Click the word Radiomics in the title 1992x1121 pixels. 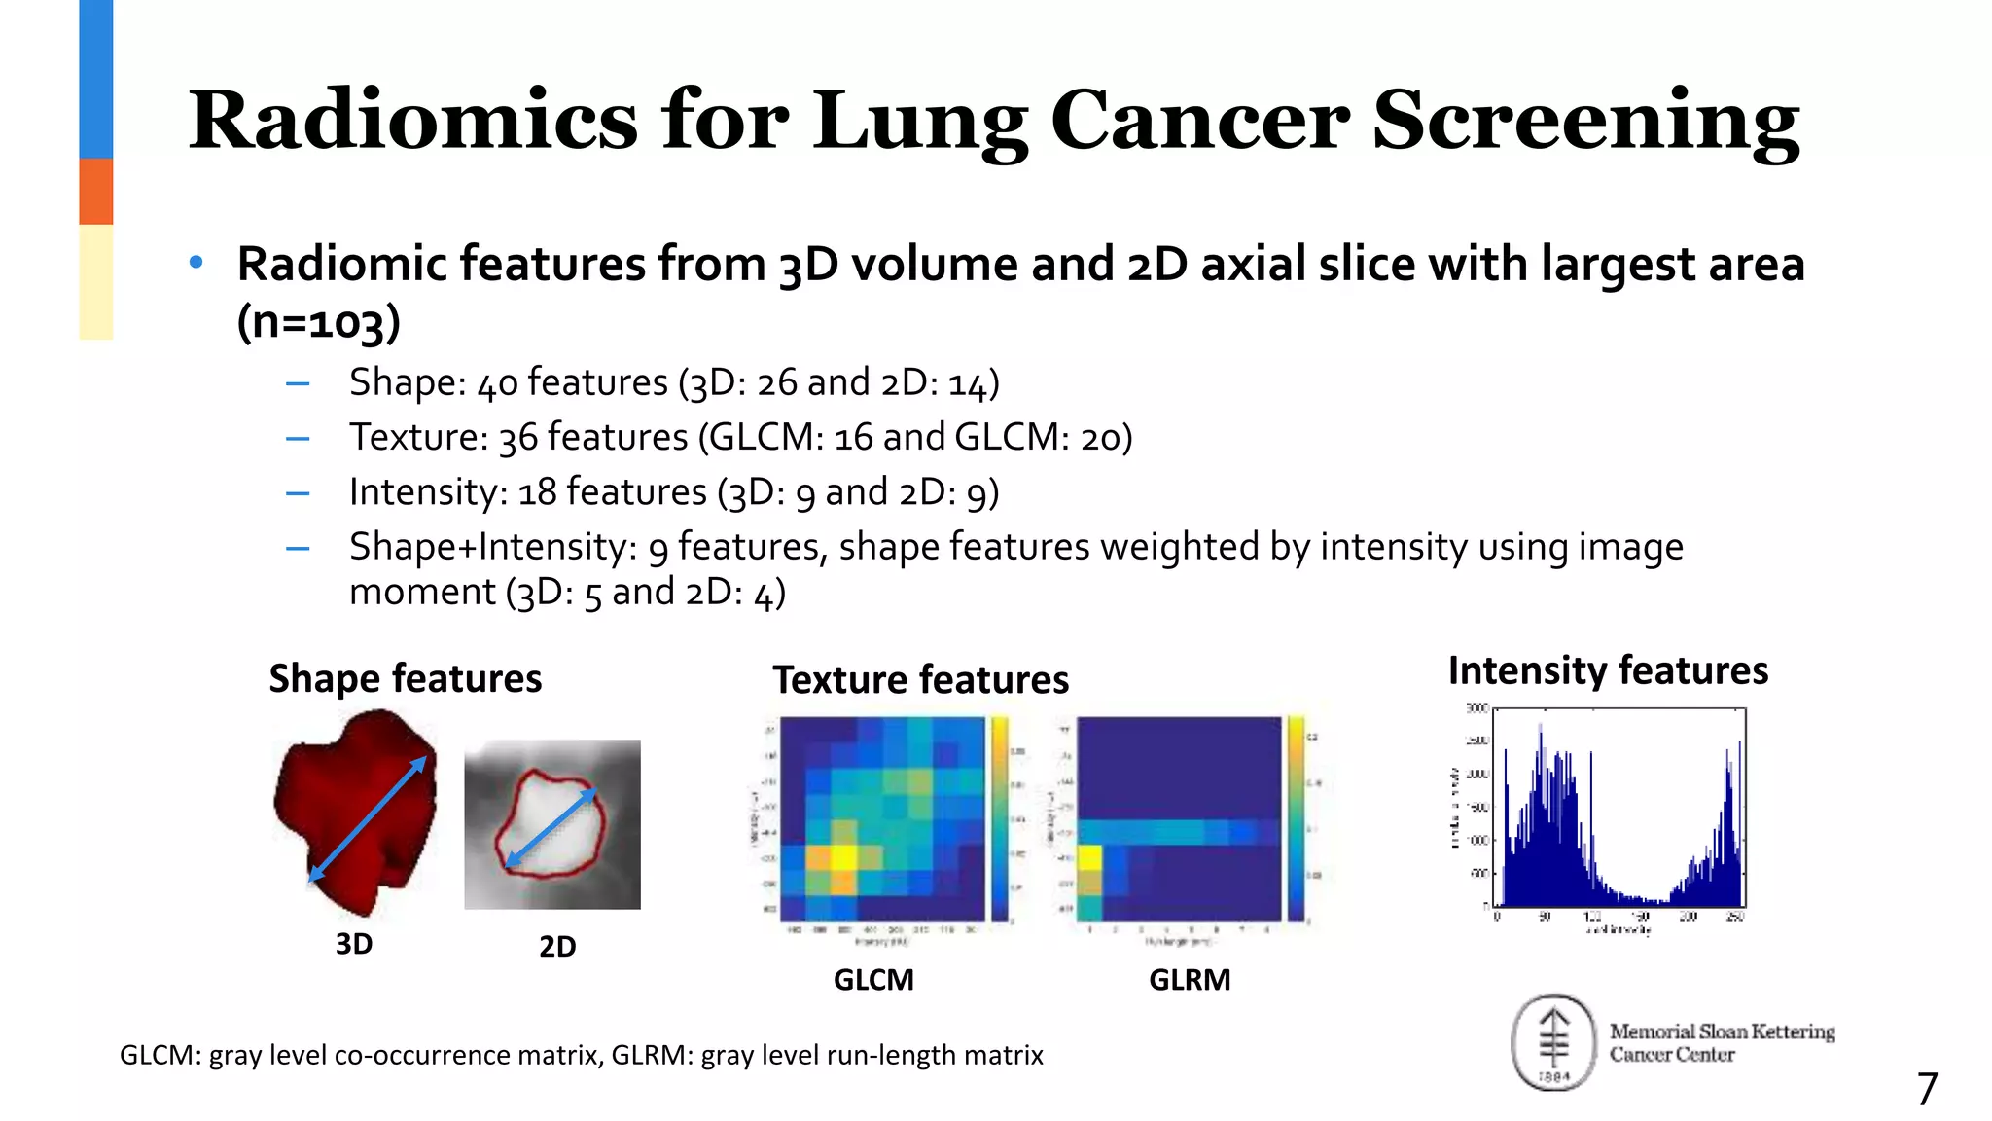pos(413,121)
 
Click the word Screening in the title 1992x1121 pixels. pos(1585,121)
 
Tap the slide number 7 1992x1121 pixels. pos(1927,1089)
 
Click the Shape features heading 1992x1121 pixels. pos(405,678)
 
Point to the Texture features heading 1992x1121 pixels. pos(920,679)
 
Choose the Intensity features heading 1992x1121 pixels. pos(1608,670)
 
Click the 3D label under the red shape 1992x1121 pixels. pos(354,944)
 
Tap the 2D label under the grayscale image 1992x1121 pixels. pos(557,947)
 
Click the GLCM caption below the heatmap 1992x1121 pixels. pos(873,980)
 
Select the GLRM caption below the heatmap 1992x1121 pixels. pos(1190,980)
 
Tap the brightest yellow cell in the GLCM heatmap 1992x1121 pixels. pos(842,858)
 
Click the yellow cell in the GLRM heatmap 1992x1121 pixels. pos(1089,859)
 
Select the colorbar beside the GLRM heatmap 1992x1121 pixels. pos(1296,818)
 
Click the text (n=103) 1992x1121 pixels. pos(318,322)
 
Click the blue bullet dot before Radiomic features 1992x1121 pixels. pos(196,262)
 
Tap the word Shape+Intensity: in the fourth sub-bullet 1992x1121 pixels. pos(492,547)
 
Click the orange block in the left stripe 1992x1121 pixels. pos(96,192)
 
